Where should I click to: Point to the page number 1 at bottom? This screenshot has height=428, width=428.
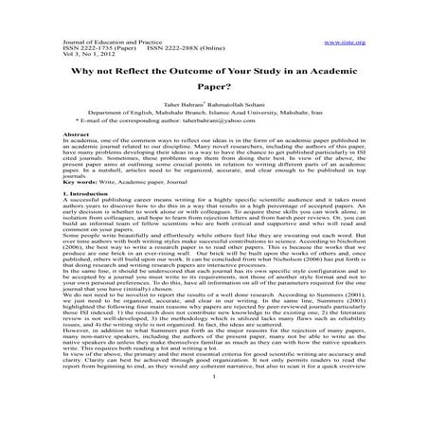214,419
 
